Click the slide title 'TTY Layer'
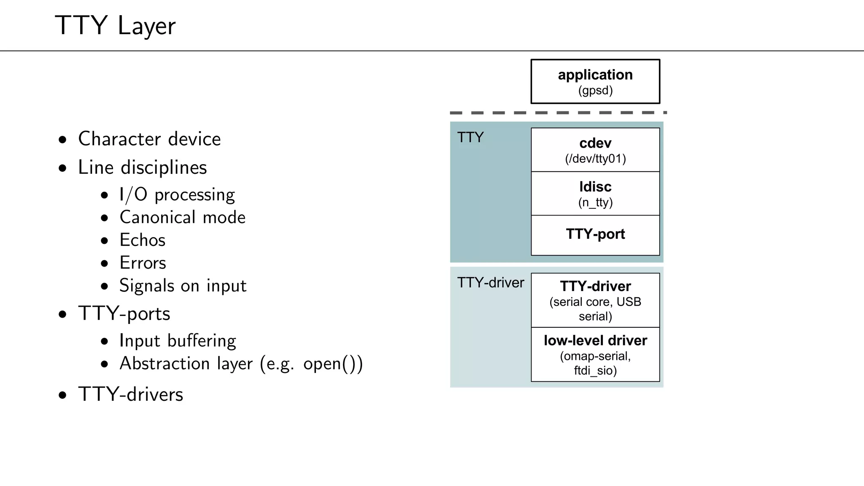(115, 25)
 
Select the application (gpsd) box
(595, 81)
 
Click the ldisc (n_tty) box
(595, 194)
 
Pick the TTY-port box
(595, 235)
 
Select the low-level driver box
(595, 354)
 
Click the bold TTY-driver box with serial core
(595, 300)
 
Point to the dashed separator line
(557, 113)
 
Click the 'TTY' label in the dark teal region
(470, 138)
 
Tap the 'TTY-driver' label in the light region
(490, 283)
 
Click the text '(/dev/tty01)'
(595, 159)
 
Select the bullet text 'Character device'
(149, 139)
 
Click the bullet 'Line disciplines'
(142, 167)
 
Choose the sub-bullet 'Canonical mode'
(182, 217)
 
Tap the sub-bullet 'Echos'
(142, 240)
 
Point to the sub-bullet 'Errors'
(143, 263)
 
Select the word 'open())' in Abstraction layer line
(332, 364)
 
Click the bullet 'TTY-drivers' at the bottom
(130, 394)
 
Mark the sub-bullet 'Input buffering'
(177, 340)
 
